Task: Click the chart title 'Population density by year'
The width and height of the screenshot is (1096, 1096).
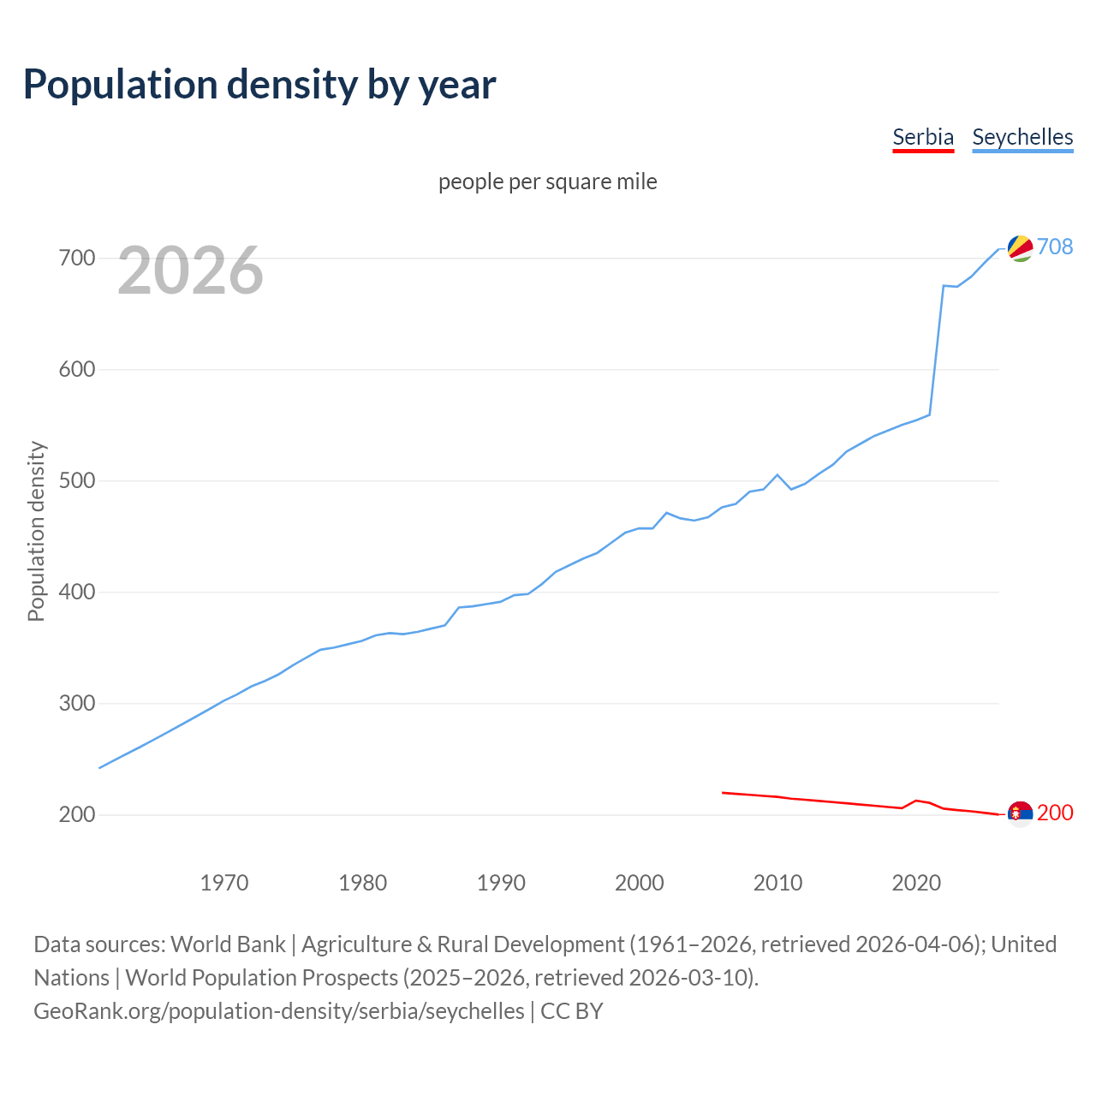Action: (259, 84)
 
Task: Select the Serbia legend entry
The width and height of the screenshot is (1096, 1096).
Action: (922, 137)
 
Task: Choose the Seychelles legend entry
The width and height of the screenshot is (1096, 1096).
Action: (1022, 137)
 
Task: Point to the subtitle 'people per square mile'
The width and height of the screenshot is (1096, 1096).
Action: (547, 182)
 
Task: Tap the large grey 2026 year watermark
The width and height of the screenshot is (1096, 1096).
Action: (190, 271)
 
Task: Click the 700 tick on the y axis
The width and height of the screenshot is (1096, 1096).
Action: (76, 258)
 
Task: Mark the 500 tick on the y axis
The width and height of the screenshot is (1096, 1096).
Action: (76, 480)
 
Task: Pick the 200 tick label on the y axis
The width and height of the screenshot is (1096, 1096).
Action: (76, 814)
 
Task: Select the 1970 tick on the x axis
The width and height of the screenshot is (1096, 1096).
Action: (224, 882)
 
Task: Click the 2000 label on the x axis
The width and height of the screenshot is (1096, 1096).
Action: (639, 882)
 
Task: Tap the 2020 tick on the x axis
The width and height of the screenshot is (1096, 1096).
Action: (916, 882)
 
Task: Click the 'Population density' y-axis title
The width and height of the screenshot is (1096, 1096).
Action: (36, 531)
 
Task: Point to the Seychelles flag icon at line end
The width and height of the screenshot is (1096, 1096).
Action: (1020, 247)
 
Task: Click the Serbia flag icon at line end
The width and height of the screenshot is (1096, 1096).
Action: (1020, 813)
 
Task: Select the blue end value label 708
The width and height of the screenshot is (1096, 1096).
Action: (1055, 247)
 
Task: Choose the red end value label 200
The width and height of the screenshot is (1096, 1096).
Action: (1055, 813)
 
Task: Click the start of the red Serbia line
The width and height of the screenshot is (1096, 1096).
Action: (724, 793)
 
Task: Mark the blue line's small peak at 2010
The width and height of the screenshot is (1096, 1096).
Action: (777, 474)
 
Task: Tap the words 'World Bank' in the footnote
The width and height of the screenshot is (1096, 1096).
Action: (228, 944)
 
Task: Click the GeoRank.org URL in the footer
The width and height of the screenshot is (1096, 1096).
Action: (278, 1010)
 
